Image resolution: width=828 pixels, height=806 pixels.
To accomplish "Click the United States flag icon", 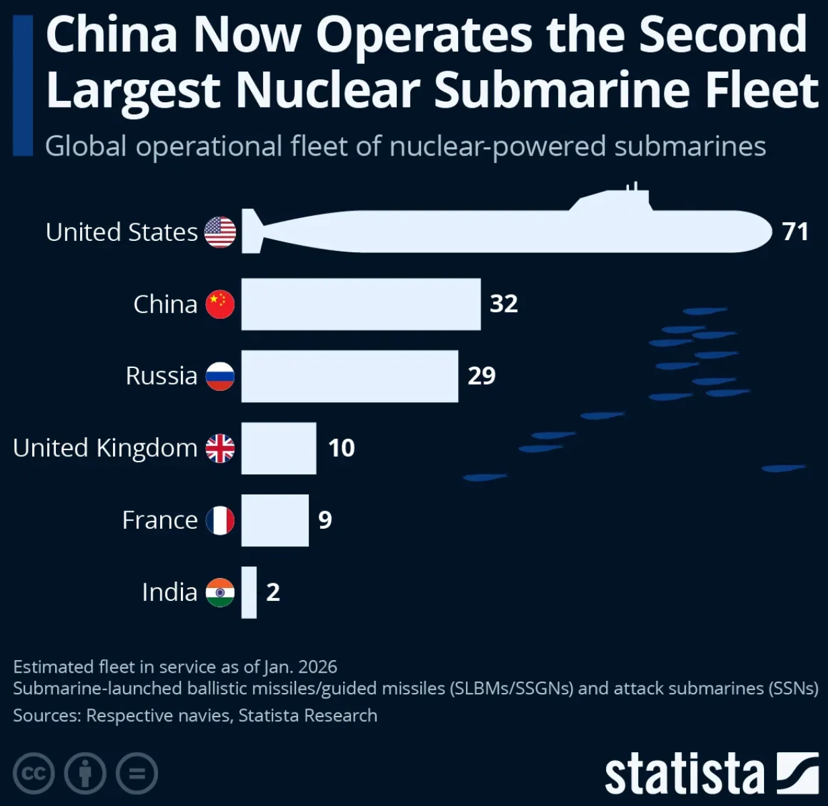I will pos(220,232).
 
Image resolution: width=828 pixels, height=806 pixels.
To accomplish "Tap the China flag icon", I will pos(220,304).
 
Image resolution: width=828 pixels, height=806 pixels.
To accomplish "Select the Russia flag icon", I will pos(220,376).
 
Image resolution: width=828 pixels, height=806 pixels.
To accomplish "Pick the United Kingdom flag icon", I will pos(220,448).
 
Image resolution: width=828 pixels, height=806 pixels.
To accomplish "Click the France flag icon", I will pos(220,520).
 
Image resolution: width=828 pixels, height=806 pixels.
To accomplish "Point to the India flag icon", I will pos(220,592).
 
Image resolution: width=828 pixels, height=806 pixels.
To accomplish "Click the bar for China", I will pos(361,304).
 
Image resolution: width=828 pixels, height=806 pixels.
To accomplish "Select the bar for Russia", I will pos(350,376).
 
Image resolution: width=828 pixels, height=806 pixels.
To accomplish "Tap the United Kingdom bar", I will pos(278,448).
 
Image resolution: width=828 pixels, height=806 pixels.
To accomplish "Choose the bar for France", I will pos(274,520).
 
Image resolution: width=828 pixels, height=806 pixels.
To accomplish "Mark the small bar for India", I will pos(249,592).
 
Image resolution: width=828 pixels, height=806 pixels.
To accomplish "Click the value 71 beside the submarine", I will pos(795,232).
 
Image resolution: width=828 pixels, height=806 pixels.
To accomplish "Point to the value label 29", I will pos(482,375).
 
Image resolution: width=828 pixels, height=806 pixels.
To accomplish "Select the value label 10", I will pos(341,448).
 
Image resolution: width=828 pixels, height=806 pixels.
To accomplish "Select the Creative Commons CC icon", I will pos(33,774).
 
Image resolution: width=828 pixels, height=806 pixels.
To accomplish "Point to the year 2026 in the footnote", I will pos(317,667).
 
